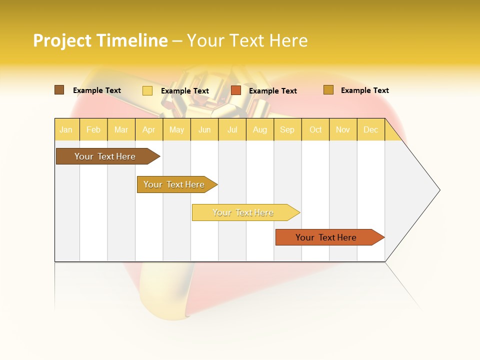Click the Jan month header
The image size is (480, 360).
click(x=66, y=129)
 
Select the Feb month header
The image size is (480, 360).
click(x=93, y=129)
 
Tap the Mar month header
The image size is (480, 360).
click(x=121, y=129)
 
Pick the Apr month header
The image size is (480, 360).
click(x=148, y=129)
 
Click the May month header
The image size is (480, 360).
click(x=176, y=129)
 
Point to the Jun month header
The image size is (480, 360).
click(x=204, y=129)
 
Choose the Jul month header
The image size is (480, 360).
click(x=232, y=129)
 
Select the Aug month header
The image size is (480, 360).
click(x=259, y=129)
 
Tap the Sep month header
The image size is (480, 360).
click(x=287, y=129)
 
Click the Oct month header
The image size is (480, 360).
click(x=315, y=129)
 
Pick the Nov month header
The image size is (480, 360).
click(x=342, y=129)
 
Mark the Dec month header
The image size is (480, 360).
click(x=370, y=129)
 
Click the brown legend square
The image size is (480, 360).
click(x=59, y=90)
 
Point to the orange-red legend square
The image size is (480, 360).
click(x=236, y=90)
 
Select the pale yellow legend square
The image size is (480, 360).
click(x=147, y=90)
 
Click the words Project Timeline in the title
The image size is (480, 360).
click(x=100, y=40)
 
